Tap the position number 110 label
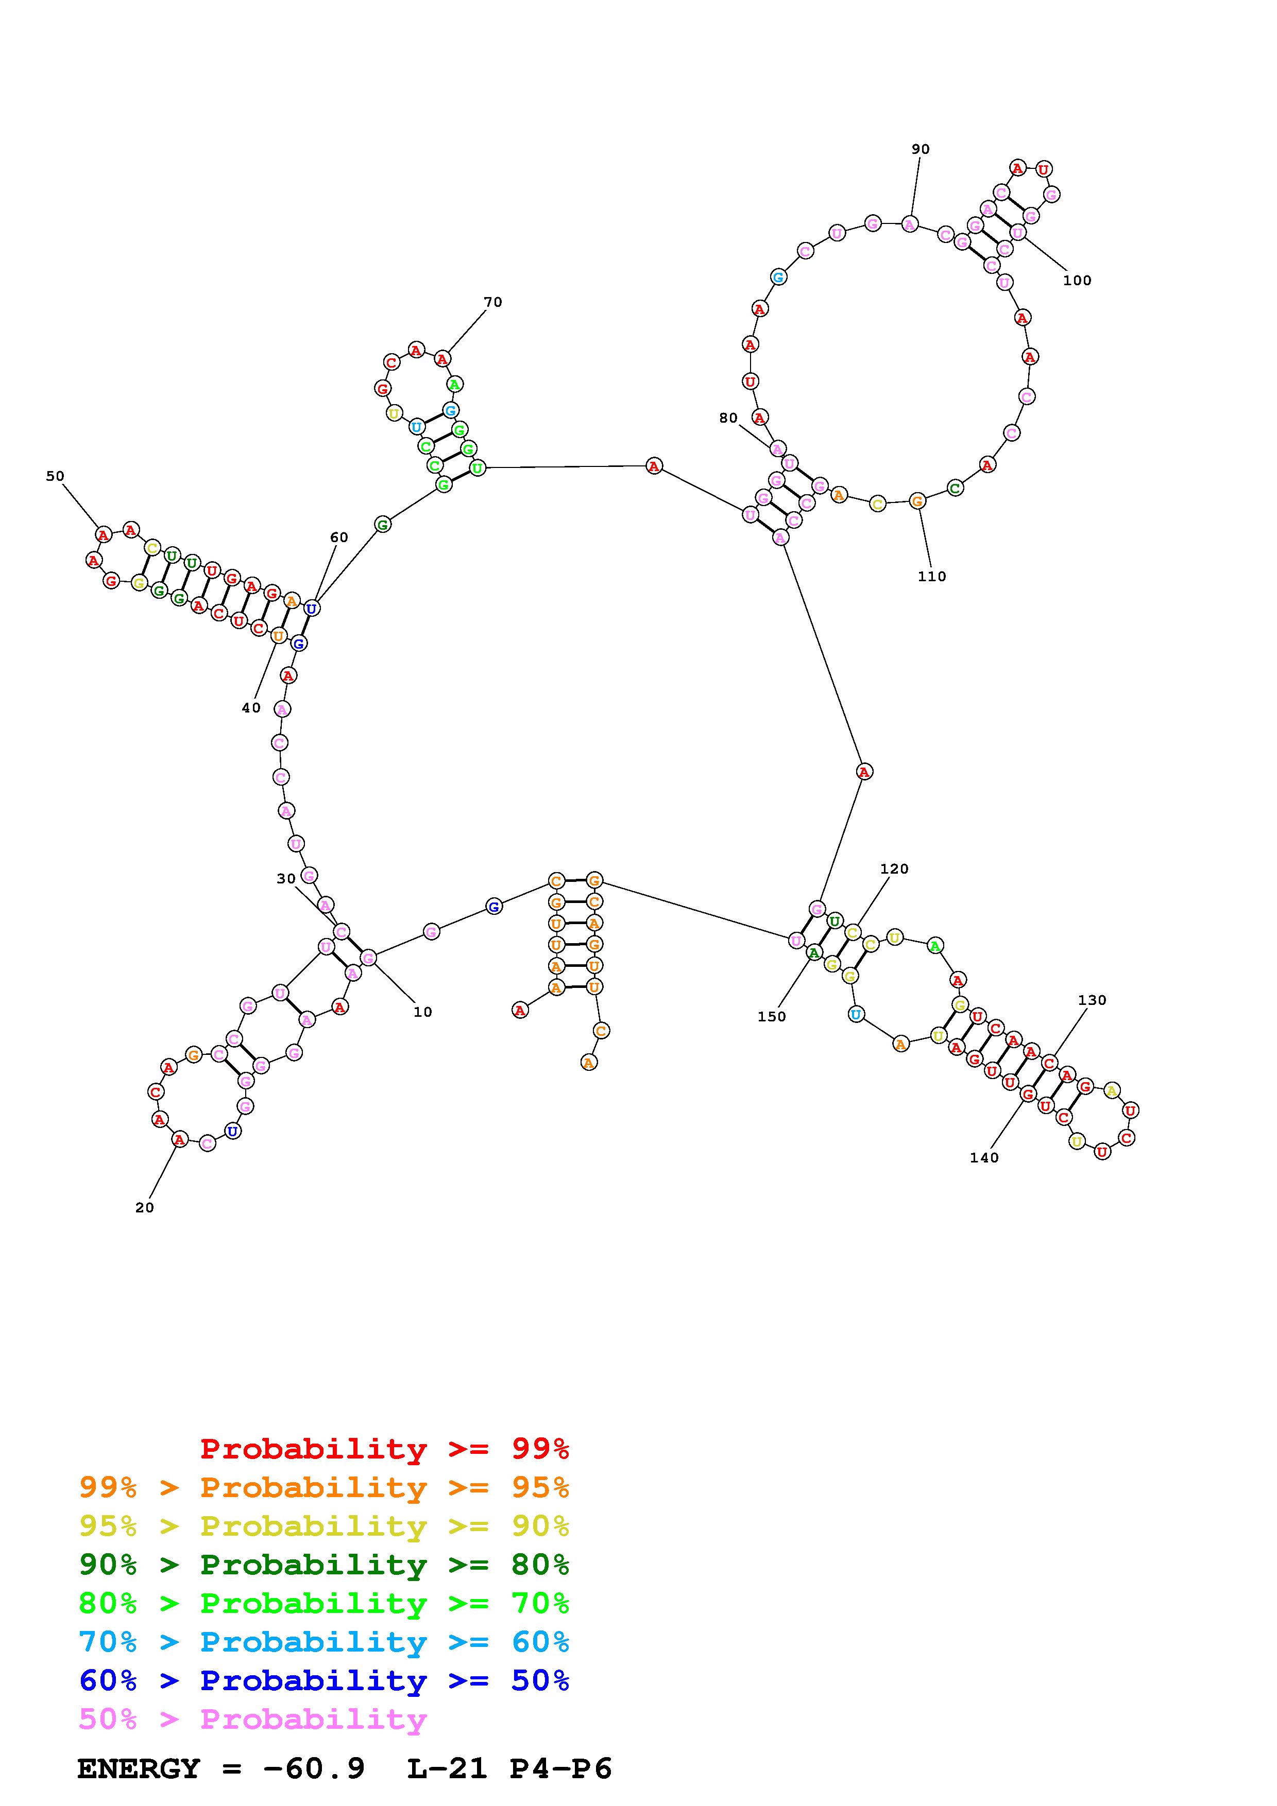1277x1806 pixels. click(x=931, y=577)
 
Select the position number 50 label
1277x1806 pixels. click(x=55, y=476)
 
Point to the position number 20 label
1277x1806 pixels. click(x=145, y=1207)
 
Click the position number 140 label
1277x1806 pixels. click(x=984, y=1157)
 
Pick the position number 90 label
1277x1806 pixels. click(x=921, y=149)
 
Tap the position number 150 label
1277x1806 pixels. click(x=772, y=1016)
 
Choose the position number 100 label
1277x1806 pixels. click(x=1077, y=280)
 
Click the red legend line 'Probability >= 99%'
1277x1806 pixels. click(x=385, y=1448)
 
